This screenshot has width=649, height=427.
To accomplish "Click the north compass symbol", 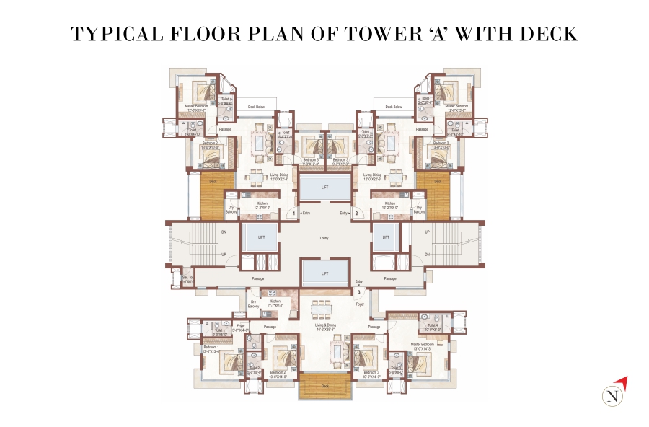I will click(613, 394).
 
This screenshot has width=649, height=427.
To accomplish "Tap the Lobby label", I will click(324, 237).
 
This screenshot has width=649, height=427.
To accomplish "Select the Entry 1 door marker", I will click(294, 213).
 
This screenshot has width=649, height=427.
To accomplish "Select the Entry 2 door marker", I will click(356, 213).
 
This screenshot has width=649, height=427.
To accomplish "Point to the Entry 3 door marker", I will click(358, 292).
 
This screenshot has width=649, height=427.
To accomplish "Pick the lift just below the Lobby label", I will click(324, 273).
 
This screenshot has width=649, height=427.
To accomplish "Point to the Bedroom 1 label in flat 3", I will click(211, 349).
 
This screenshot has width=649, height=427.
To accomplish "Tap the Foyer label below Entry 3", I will click(360, 304).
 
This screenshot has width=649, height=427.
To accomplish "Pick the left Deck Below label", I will click(257, 107).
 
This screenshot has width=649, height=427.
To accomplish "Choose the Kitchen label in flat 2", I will click(390, 205).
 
